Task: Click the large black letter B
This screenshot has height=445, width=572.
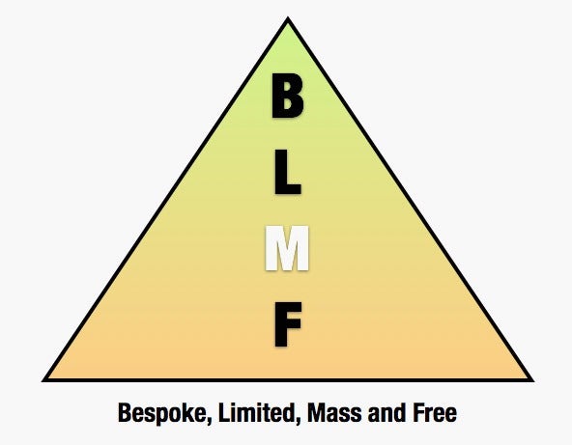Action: (288, 96)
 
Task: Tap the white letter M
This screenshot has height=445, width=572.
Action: (287, 248)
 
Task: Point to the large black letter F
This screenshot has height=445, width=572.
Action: (288, 324)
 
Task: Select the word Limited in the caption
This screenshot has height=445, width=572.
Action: (258, 413)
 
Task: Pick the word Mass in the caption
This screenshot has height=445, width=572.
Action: (335, 413)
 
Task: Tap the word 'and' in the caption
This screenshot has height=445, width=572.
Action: (386, 413)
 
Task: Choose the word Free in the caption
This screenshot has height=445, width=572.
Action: (435, 413)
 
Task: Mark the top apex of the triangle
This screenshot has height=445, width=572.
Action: (288, 17)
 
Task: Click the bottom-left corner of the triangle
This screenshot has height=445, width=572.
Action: (43, 381)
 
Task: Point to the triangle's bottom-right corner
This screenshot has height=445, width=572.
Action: (533, 381)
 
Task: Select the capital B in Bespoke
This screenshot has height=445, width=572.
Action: (125, 412)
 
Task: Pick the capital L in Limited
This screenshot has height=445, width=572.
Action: (223, 412)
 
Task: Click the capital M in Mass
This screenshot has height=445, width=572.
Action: (317, 412)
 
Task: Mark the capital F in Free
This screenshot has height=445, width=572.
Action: (418, 412)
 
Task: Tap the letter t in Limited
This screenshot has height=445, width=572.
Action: (266, 413)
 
